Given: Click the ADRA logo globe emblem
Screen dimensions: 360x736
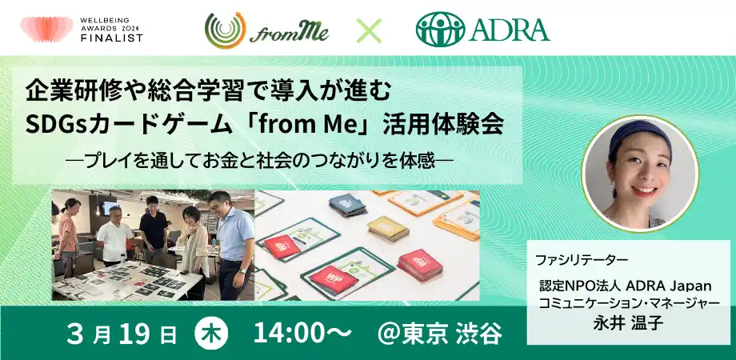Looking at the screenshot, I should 439,30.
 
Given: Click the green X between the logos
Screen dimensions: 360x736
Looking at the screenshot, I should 369,30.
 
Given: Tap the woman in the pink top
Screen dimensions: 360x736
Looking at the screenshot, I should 68,232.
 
